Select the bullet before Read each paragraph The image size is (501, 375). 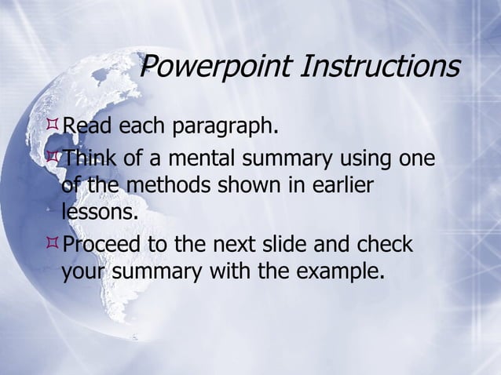click(x=54, y=124)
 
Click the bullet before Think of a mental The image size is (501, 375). click(x=54, y=158)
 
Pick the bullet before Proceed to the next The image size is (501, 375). click(x=54, y=244)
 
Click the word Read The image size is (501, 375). click(x=87, y=126)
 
